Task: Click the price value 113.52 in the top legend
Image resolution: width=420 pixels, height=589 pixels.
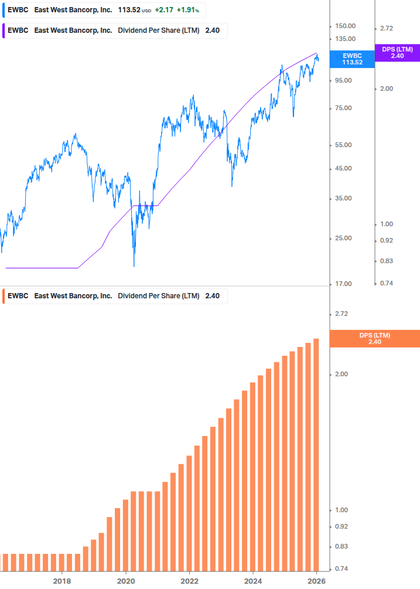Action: click(129, 10)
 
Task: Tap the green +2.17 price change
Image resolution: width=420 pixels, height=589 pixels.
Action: click(164, 10)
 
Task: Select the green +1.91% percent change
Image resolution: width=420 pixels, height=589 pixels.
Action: click(188, 10)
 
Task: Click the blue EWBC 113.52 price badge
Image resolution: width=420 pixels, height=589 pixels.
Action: click(352, 59)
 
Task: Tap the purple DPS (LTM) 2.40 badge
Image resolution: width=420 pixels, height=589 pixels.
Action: click(397, 53)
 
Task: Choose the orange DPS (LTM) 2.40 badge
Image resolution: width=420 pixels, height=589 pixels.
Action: click(375, 339)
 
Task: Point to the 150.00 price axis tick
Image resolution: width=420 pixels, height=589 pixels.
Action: click(345, 26)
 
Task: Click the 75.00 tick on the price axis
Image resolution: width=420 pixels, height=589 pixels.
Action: click(343, 108)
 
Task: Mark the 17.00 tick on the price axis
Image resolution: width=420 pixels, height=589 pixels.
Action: click(343, 284)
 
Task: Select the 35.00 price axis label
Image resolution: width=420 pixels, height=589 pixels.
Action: click(343, 199)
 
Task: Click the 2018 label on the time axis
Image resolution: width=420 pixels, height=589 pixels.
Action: click(62, 581)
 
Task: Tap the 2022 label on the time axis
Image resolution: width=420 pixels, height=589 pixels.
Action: click(189, 581)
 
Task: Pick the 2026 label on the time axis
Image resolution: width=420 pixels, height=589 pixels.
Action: click(316, 581)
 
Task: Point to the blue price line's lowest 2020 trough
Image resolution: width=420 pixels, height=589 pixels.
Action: click(134, 265)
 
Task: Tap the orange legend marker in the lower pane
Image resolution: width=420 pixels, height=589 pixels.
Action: click(3, 296)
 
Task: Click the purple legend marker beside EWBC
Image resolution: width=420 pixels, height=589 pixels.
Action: click(3, 30)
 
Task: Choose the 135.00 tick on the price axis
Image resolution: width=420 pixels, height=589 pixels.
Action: click(345, 39)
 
